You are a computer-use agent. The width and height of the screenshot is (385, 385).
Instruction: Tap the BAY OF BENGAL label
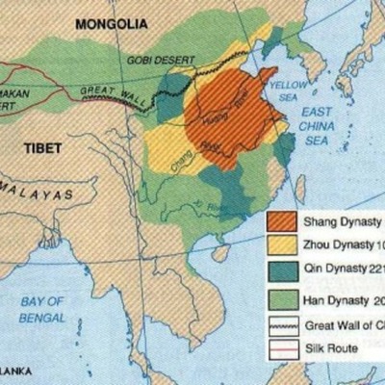click(43, 309)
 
